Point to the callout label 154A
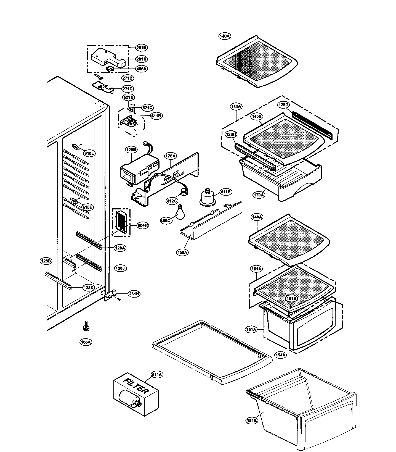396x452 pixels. pyautogui.click(x=280, y=355)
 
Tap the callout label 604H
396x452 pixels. pyautogui.click(x=143, y=225)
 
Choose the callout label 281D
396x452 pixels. pyautogui.click(x=141, y=59)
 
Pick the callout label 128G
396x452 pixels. pyautogui.click(x=283, y=105)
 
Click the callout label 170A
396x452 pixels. pyautogui.click(x=259, y=195)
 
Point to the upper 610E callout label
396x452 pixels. pyautogui.click(x=89, y=153)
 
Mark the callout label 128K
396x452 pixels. pyautogui.click(x=88, y=288)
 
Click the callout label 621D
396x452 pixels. pyautogui.click(x=129, y=97)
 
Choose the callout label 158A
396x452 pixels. pyautogui.click(x=182, y=252)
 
